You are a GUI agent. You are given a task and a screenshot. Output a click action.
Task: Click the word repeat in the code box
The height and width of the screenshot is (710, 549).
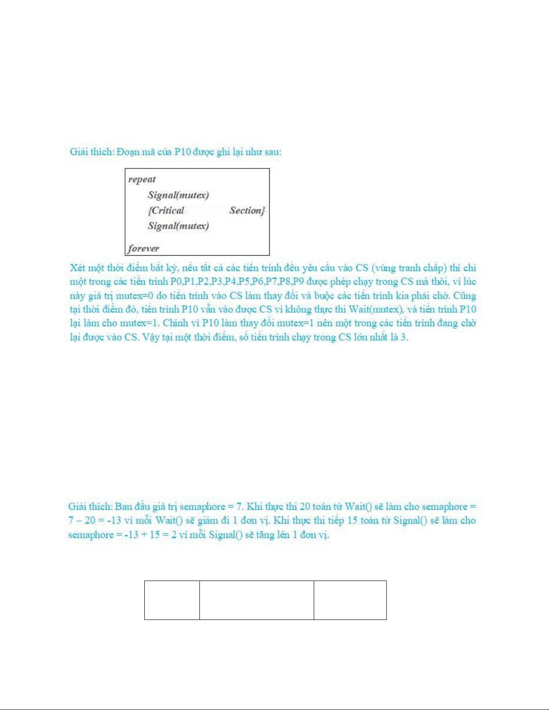142,180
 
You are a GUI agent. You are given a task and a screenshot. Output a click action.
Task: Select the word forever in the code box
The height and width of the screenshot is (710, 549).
143,248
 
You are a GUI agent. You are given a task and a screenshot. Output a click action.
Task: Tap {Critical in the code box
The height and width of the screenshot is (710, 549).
166,211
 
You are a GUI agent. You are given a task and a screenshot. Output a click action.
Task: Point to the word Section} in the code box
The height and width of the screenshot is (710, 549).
247,211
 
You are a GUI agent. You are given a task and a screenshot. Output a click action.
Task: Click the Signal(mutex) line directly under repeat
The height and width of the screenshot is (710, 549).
178,195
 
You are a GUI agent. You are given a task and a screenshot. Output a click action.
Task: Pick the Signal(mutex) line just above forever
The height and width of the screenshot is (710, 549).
178,226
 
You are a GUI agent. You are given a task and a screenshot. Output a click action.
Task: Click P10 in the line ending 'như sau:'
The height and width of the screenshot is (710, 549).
183,152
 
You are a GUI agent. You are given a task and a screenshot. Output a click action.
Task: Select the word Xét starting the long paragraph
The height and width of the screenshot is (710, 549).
77,268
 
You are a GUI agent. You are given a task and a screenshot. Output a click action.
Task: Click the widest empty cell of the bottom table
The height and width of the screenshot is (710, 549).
256,600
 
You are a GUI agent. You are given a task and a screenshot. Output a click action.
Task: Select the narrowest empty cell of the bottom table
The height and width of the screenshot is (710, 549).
172,600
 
